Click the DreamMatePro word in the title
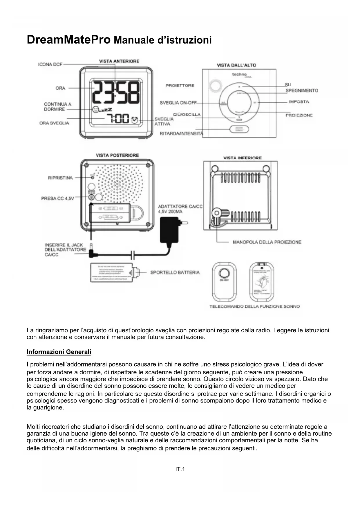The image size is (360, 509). pos(68,39)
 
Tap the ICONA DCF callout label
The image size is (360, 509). pos(50,64)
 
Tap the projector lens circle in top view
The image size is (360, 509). pos(214,85)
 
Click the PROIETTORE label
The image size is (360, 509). pos(180,86)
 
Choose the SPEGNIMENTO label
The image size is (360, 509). pos(301,91)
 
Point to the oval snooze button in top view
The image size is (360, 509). pos(239,129)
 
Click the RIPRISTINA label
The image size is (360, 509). pos(60,178)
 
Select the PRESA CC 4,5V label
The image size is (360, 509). pos(57,198)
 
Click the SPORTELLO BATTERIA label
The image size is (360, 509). pos(175,272)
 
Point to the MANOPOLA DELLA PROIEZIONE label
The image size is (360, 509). pos(267,242)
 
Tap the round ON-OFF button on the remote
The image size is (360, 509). pos(224,273)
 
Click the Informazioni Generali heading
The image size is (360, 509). pos(59,352)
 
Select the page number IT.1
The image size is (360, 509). pos(180,469)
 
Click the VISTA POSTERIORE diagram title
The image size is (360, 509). pos(117,155)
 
